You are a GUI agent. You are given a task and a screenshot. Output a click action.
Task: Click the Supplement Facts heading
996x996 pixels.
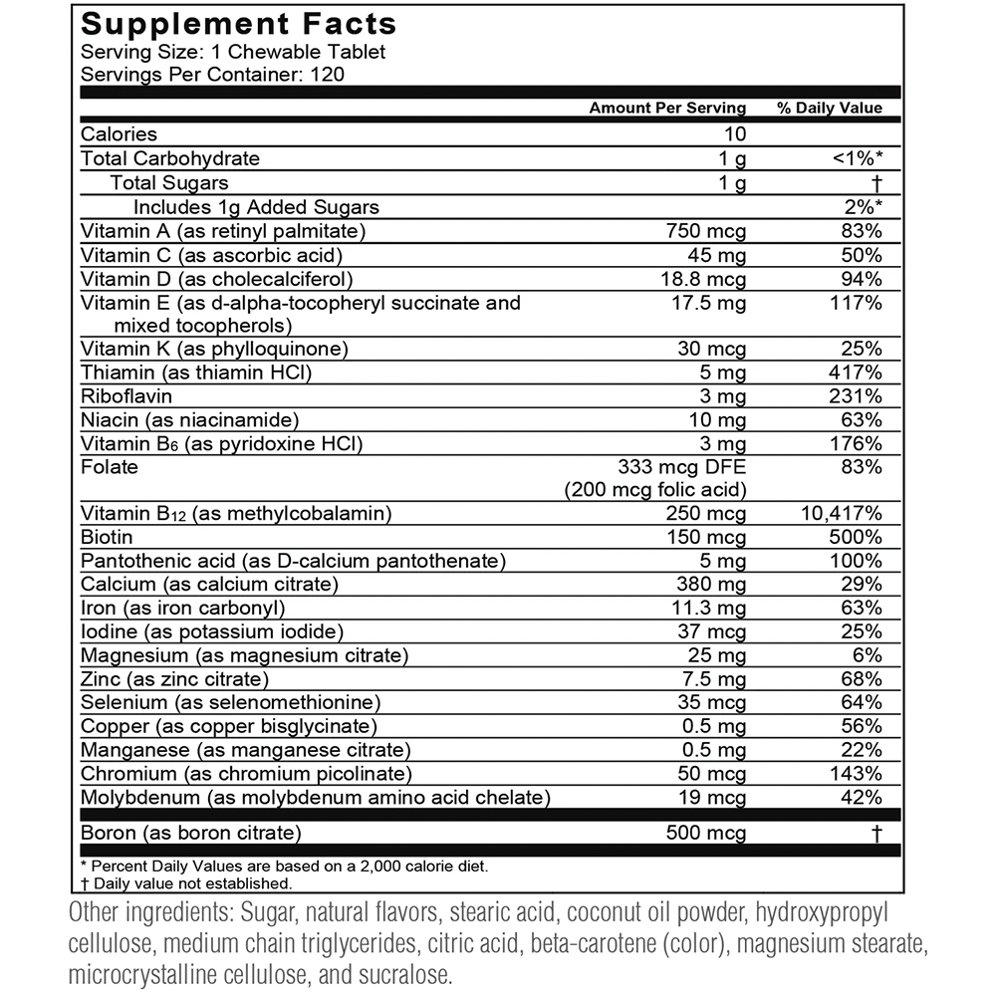pyautogui.click(x=238, y=25)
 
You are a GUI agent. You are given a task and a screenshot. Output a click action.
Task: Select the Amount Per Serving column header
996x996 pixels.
pyautogui.click(x=666, y=108)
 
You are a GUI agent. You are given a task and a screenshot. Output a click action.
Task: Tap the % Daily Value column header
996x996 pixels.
pyautogui.click(x=830, y=108)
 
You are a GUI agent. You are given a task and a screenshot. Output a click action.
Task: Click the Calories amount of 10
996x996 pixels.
pyautogui.click(x=735, y=134)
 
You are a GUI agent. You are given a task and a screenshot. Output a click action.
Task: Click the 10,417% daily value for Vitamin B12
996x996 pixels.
pyautogui.click(x=841, y=514)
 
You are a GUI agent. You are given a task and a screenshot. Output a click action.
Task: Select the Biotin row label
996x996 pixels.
pyautogui.click(x=107, y=538)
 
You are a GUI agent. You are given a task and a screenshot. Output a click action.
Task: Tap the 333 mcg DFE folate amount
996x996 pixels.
pyautogui.click(x=682, y=466)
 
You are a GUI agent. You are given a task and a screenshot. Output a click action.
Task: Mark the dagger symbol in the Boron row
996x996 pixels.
pyautogui.click(x=876, y=833)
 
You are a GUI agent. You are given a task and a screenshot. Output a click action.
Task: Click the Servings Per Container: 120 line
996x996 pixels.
pyautogui.click(x=213, y=74)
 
